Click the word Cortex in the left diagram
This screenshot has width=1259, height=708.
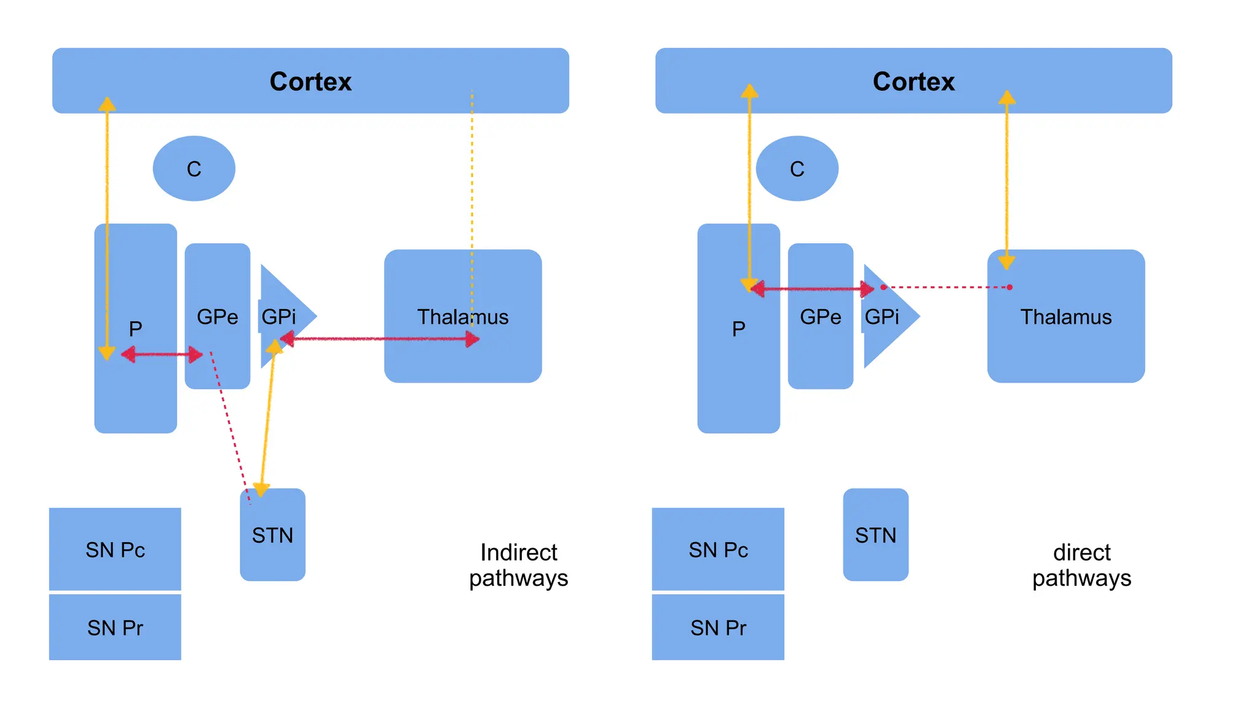pos(310,82)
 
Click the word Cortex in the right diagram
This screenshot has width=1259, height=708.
pos(914,82)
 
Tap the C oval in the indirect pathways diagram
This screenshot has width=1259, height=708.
pos(194,168)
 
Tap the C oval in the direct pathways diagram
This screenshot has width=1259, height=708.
pos(797,168)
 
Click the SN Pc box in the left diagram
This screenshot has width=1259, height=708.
pos(115,549)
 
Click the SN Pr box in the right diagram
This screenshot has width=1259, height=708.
pos(718,627)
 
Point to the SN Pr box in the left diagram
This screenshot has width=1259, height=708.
pos(115,627)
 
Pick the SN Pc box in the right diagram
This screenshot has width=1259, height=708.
pos(718,549)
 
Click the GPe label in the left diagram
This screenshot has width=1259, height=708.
pos(217,317)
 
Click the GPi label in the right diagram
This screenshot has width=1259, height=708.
pos(882,317)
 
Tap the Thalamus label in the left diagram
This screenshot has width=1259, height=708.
pos(462,317)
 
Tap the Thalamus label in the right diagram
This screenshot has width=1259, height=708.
pos(1065,317)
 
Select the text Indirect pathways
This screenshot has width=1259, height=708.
pos(518,565)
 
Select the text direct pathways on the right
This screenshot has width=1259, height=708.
pos(1081,565)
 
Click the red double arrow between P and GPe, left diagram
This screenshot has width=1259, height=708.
pos(162,354)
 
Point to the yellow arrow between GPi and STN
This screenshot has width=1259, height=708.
pos(267,418)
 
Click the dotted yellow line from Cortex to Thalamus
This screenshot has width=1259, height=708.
pos(472,184)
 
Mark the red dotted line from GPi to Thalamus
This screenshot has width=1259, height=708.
pos(947,287)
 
